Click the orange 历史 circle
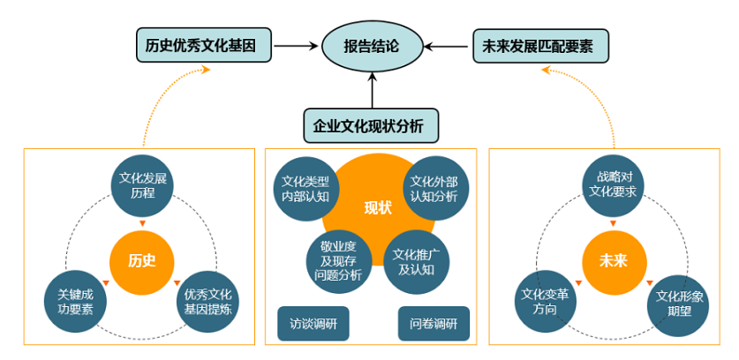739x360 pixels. point(141,260)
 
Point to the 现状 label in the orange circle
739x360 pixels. point(377,207)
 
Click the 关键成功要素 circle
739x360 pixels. point(76,302)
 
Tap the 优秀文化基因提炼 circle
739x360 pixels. point(207,302)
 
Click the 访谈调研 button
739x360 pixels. point(313,324)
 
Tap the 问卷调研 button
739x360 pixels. point(434,324)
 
